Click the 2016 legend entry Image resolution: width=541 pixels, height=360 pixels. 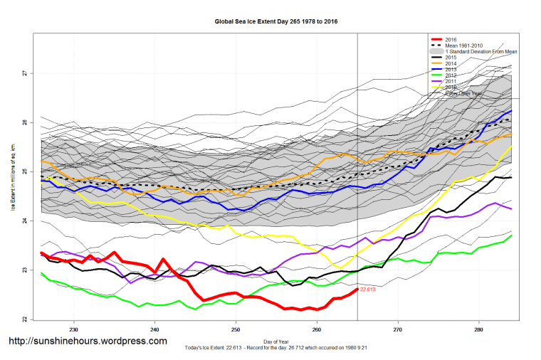450,39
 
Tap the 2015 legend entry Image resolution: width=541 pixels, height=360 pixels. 450,57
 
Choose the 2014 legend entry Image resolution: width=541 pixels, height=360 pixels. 450,63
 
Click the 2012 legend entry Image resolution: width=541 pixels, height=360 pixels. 450,75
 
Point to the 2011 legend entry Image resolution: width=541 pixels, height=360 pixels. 450,82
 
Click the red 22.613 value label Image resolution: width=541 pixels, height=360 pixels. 367,290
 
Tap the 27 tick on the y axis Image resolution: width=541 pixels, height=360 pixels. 23,73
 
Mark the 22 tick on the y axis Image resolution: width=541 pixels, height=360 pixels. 23,319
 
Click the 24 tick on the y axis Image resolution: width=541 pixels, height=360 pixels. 23,221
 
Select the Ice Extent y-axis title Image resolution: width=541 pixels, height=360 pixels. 13,177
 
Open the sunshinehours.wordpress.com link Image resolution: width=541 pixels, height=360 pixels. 88,341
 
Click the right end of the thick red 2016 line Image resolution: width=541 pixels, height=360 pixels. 357,289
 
